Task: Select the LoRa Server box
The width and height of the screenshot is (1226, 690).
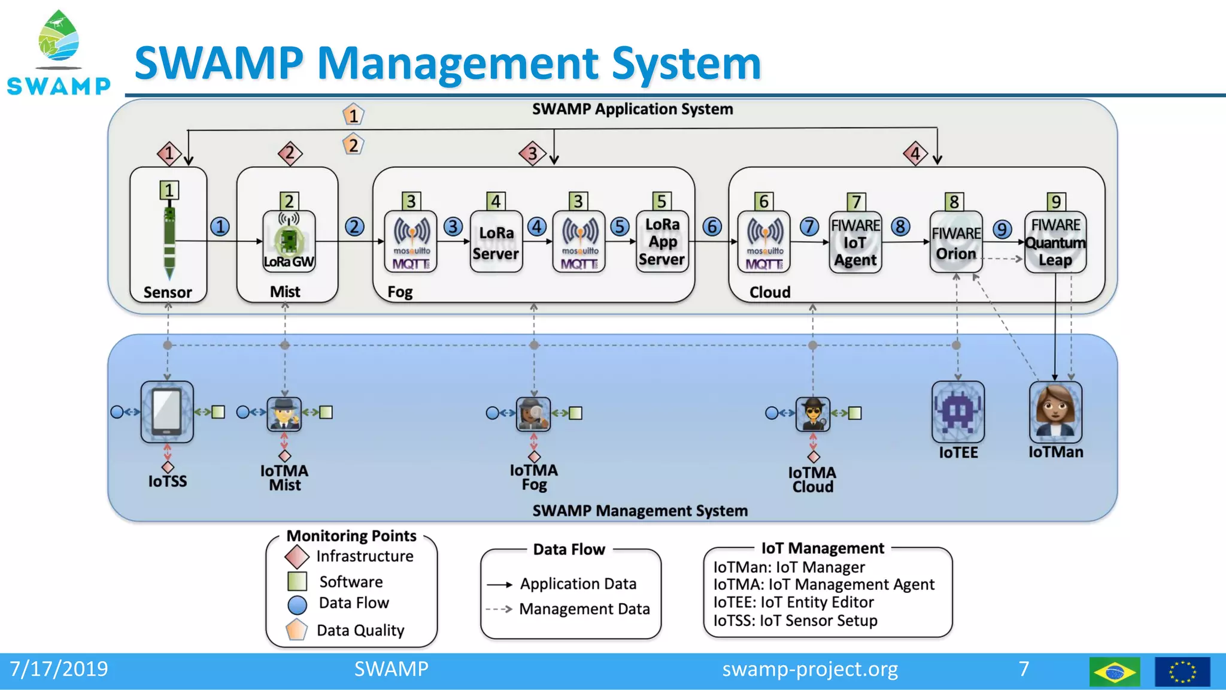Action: point(496,243)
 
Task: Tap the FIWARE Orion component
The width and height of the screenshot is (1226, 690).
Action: point(956,243)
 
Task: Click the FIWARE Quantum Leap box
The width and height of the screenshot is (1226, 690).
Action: point(1055,243)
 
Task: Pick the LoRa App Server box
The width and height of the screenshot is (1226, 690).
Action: point(661,242)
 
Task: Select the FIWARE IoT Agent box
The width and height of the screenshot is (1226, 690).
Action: point(855,243)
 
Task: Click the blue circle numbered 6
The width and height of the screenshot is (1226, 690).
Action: point(712,227)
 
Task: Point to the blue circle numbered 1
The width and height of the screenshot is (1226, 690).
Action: point(220,227)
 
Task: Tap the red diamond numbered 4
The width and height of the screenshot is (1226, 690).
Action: point(915,154)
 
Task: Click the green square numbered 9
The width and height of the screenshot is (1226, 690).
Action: point(1056,201)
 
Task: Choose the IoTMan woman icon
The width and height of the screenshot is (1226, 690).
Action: point(1055,412)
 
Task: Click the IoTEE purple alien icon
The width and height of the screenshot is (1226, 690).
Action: point(958,412)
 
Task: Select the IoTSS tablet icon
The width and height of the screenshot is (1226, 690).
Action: point(167,412)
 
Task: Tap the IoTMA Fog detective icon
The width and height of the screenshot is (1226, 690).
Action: point(533,413)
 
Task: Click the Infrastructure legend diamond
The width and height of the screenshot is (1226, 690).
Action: point(297,556)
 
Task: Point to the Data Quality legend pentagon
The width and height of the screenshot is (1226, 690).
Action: point(297,630)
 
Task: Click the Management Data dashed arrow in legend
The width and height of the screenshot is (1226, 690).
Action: point(499,609)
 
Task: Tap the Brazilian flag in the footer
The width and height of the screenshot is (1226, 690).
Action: point(1115,671)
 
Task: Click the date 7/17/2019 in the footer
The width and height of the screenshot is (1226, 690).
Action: point(59,669)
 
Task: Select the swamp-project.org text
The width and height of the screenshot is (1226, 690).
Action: point(809,669)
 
